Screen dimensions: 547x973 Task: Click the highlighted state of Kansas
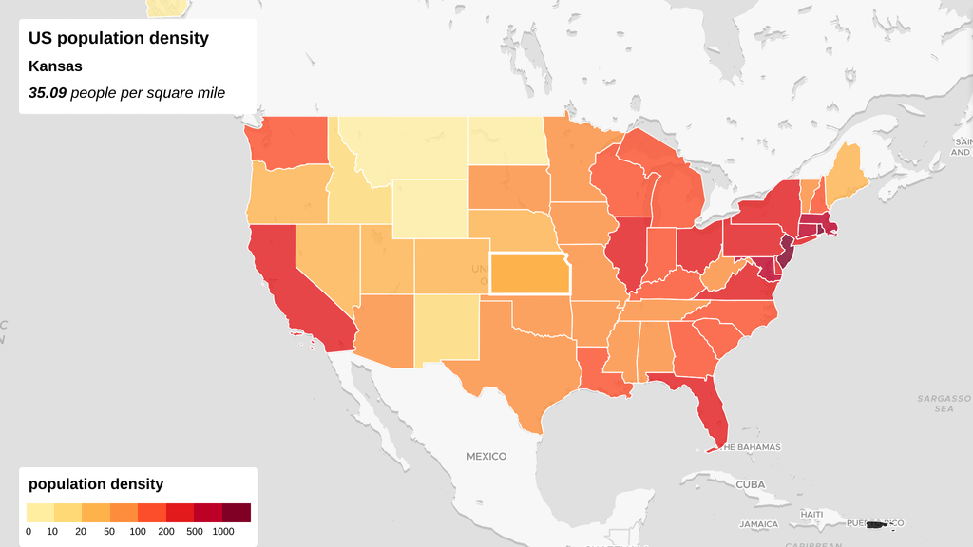click(x=529, y=274)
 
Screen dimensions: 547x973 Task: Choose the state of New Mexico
click(x=447, y=328)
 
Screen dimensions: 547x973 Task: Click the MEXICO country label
click(x=486, y=457)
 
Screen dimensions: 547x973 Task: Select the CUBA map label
click(x=750, y=484)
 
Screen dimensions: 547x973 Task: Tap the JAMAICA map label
click(x=758, y=524)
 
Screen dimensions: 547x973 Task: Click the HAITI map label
click(x=811, y=514)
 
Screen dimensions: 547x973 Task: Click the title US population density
click(x=119, y=39)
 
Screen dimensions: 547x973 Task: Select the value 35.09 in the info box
click(x=48, y=93)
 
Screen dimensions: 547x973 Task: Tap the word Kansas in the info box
click(x=55, y=66)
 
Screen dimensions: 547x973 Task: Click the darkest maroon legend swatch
click(x=237, y=513)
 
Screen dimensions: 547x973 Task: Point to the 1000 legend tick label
click(x=222, y=532)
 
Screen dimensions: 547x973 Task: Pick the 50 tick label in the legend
click(x=110, y=532)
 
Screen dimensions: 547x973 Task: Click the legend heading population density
click(x=96, y=484)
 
